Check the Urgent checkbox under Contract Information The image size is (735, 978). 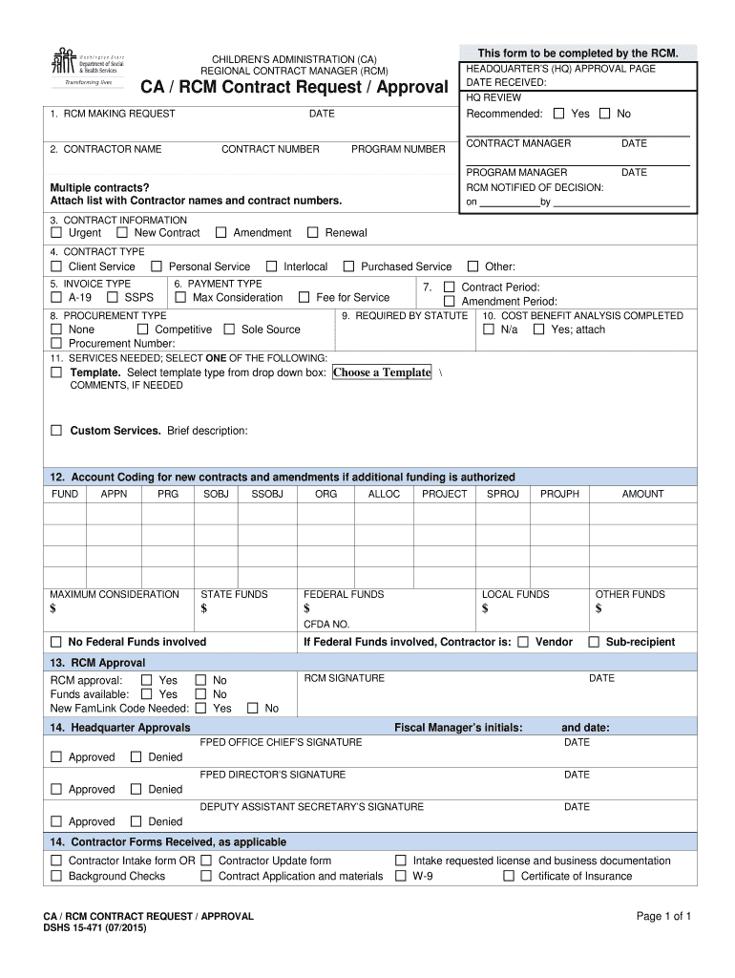[x=56, y=232]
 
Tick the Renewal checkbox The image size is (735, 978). [x=312, y=232]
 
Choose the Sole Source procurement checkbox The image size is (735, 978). [x=229, y=330]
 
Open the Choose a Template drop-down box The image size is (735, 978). [x=382, y=372]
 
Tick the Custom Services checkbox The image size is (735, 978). [x=56, y=431]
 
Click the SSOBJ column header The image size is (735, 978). [x=267, y=494]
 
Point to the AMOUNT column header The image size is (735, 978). [x=642, y=494]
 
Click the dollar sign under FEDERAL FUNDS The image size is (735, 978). [x=306, y=609]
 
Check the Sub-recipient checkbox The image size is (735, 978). [x=594, y=642]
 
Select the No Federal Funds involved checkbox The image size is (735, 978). [x=56, y=642]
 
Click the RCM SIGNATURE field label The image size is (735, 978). [x=344, y=678]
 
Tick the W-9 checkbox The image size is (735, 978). [x=401, y=876]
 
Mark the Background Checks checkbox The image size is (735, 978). [x=56, y=876]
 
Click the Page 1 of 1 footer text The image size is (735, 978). [x=663, y=917]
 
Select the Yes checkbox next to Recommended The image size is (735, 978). [x=558, y=114]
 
